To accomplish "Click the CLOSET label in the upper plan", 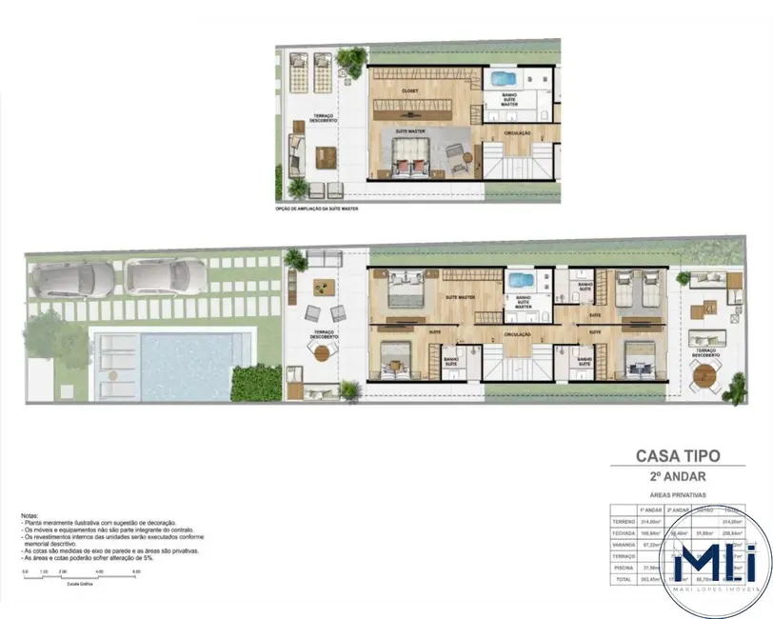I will (x=410, y=91).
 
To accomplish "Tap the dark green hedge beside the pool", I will (x=256, y=382).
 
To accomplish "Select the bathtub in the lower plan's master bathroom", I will (x=521, y=282).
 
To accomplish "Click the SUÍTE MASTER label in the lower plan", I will (x=461, y=297).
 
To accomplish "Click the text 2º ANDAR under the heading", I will (x=677, y=476).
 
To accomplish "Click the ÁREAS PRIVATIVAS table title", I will (x=677, y=495).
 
